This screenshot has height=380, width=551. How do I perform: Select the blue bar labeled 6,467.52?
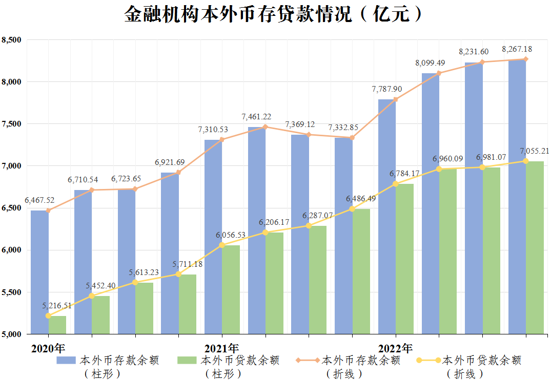click(x=39, y=271)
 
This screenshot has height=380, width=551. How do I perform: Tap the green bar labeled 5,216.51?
click(x=57, y=325)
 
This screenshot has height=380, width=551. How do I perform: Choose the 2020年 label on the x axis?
click(x=48, y=349)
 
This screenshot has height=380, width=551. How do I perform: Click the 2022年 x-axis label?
click(x=395, y=349)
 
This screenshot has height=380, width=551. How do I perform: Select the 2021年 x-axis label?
click(x=221, y=349)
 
